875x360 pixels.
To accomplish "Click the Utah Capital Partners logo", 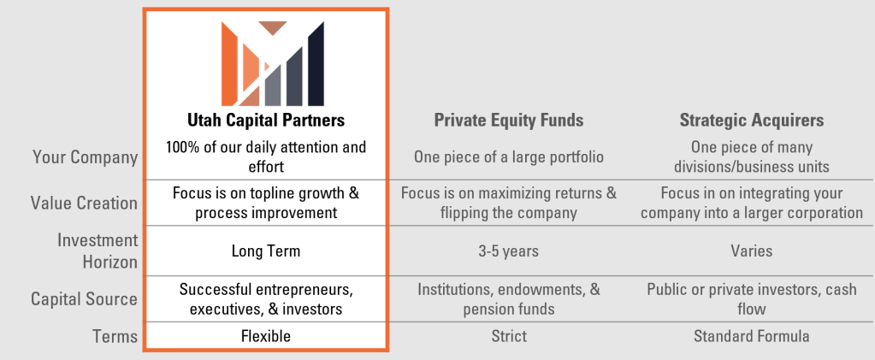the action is tap(272, 63).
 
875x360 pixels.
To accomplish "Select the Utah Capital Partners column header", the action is tap(266, 121).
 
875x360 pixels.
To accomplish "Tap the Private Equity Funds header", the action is tap(509, 121).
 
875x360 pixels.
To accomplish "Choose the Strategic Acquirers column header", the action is tap(752, 121).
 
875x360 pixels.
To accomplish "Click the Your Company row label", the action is tap(85, 157).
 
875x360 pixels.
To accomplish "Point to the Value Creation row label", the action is tap(84, 203).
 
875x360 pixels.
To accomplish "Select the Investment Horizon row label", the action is tap(98, 251).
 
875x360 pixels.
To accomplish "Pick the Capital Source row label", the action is tap(84, 299).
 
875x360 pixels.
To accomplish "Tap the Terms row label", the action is tap(115, 337).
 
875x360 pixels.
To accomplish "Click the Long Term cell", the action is tap(266, 251).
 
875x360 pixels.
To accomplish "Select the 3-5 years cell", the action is tap(509, 251).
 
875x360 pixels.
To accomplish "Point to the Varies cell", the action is tap(752, 251).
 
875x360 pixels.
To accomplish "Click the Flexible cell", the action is tap(266, 337).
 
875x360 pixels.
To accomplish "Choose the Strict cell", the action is tap(509, 337).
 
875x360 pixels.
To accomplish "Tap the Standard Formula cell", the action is tap(752, 337).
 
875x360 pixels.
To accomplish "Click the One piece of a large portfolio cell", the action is tap(509, 156).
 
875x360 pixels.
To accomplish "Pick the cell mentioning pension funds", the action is tap(509, 299).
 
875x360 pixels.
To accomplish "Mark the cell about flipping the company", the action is tap(509, 204).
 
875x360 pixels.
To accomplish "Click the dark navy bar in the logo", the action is tap(316, 64).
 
